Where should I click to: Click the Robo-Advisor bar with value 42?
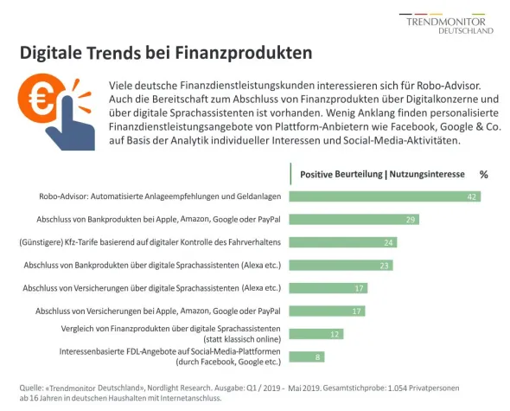click(x=385, y=197)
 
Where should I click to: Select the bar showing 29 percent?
click(x=354, y=220)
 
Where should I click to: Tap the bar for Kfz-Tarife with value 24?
click(x=343, y=242)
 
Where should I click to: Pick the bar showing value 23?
click(x=341, y=265)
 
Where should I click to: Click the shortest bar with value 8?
click(x=307, y=356)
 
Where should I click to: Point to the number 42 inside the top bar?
click(x=472, y=197)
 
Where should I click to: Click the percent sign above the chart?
click(x=483, y=174)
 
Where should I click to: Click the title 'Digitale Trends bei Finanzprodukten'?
click(x=166, y=53)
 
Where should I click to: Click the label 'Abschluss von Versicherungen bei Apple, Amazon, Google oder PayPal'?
click(x=157, y=311)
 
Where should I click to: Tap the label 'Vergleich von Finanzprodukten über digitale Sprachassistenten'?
click(x=169, y=329)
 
